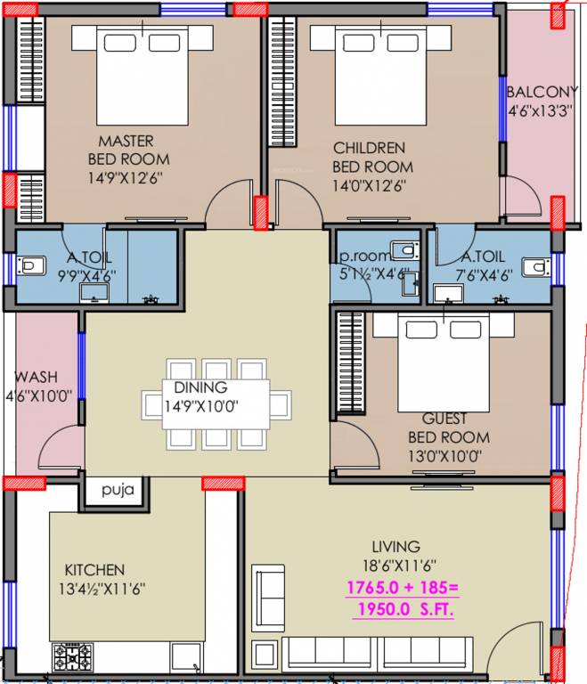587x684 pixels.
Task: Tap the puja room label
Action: coord(117,489)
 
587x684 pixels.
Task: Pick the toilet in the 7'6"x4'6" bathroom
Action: coord(536,266)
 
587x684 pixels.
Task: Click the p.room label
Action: coord(361,255)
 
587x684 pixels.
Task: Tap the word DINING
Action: coord(200,388)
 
